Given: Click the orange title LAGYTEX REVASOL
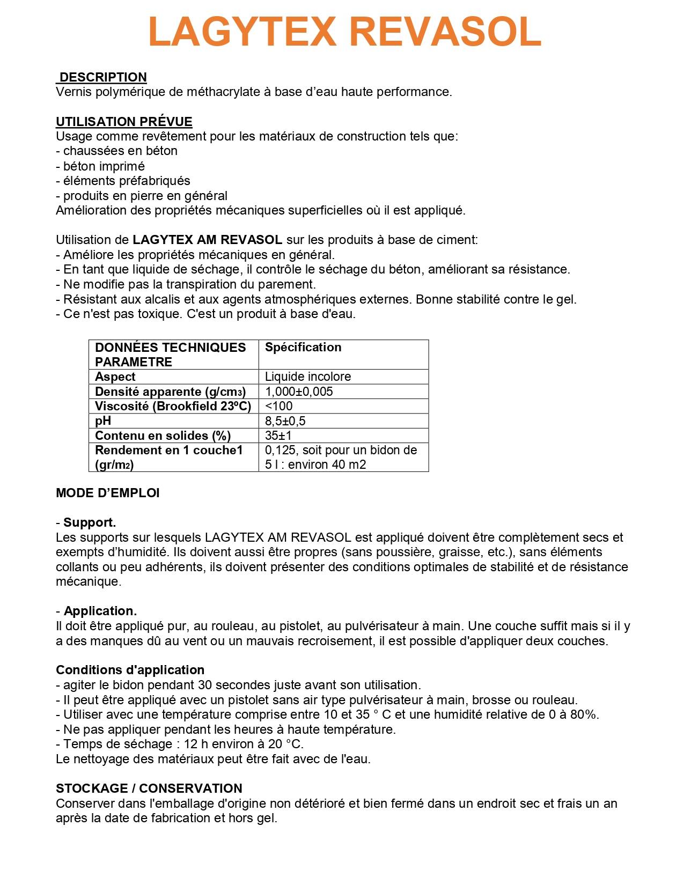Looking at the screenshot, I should [x=344, y=32].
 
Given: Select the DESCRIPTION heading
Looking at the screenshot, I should [x=102, y=77].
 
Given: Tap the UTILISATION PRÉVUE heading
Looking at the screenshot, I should [x=124, y=122].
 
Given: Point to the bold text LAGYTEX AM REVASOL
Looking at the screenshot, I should [x=207, y=240].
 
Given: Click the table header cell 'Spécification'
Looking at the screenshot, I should [x=303, y=348].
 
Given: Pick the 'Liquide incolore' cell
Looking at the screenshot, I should [x=308, y=377].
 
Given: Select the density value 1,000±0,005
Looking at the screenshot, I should [x=299, y=392].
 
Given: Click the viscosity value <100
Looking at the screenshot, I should [x=279, y=406].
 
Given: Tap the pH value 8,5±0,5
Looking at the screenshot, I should [x=285, y=421].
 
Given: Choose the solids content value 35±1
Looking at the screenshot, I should [x=278, y=436].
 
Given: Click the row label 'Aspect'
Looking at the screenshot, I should [x=115, y=377].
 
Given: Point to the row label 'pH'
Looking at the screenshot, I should [x=103, y=421].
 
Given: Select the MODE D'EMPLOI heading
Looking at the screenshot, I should [x=108, y=493].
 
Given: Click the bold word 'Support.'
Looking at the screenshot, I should [x=90, y=522].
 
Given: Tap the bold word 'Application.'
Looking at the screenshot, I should [x=100, y=611].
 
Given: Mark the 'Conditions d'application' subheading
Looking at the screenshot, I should [x=130, y=670].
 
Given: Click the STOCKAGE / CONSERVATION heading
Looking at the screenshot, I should [x=149, y=788].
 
